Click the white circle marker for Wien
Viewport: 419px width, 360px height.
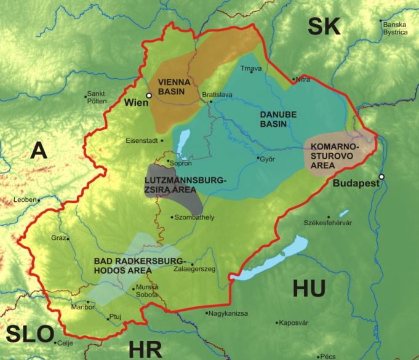(148, 95)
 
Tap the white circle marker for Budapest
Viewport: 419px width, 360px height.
(381, 177)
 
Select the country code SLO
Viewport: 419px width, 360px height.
(30, 334)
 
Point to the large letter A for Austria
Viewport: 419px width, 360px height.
(40, 150)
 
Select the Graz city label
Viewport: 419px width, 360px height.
(58, 238)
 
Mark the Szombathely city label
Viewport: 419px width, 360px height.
(194, 217)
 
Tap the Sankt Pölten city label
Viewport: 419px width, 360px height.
(97, 97)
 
